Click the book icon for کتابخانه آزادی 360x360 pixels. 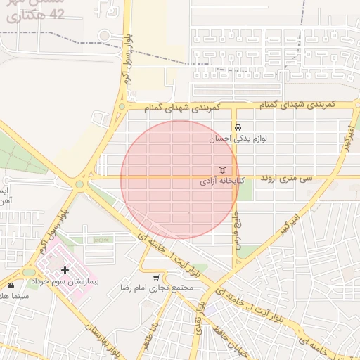pos(223,170)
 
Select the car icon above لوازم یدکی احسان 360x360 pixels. pos(239,128)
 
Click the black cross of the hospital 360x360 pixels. pos(65,270)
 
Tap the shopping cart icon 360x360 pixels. pos(156,278)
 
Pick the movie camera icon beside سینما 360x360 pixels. pos(11,285)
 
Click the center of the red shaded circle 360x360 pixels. pos(179,180)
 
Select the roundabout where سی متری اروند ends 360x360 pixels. pos(79,184)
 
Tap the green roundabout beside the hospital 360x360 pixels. pos(29,271)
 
